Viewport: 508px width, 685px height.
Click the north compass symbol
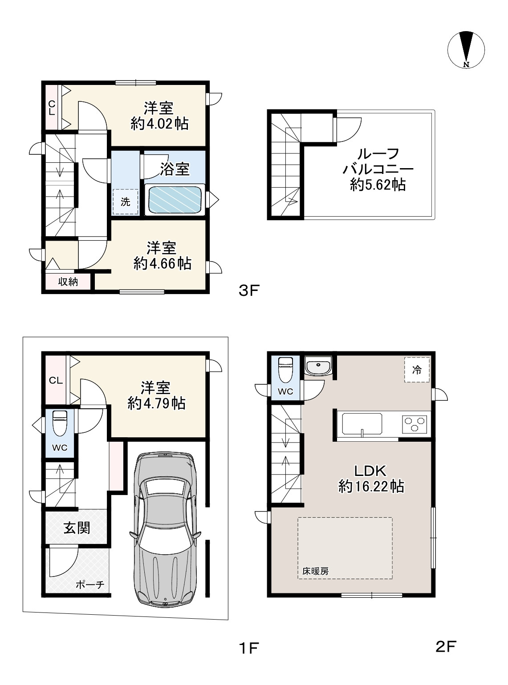tap(466, 49)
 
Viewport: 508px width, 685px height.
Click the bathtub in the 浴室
tap(175, 200)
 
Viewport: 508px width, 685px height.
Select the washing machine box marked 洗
tap(125, 201)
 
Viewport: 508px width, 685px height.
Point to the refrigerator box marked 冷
tap(417, 370)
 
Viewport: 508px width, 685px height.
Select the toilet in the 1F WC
tap(60, 424)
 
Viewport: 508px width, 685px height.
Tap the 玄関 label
tap(77, 528)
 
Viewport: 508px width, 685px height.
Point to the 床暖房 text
tap(315, 571)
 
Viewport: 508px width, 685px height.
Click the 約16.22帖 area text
tap(371, 487)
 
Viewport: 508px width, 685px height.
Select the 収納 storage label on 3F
tap(68, 282)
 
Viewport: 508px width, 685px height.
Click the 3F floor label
tap(248, 290)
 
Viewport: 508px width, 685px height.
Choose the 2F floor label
tap(446, 646)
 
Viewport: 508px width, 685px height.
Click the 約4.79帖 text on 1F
tap(156, 403)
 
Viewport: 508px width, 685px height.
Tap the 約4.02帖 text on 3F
tap(159, 124)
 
